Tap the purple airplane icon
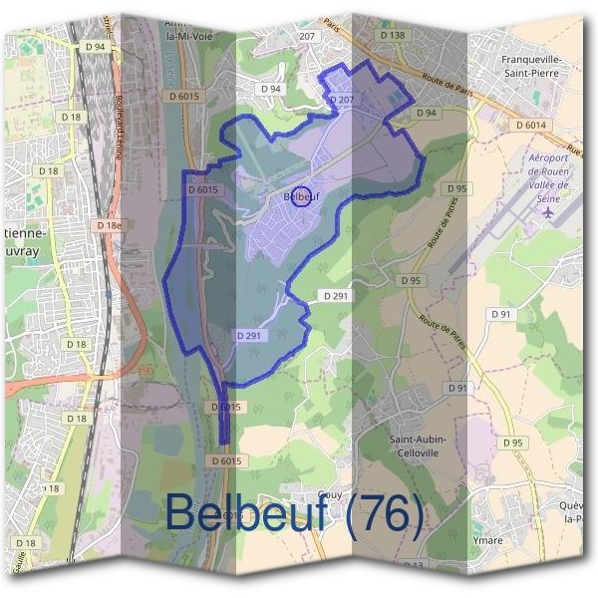point(547,213)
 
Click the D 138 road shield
point(394,35)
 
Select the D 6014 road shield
point(532,125)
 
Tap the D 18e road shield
point(111,226)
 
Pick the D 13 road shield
point(413,566)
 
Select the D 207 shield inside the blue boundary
point(341,101)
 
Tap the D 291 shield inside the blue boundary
point(249,336)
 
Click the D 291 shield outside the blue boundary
point(336,297)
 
